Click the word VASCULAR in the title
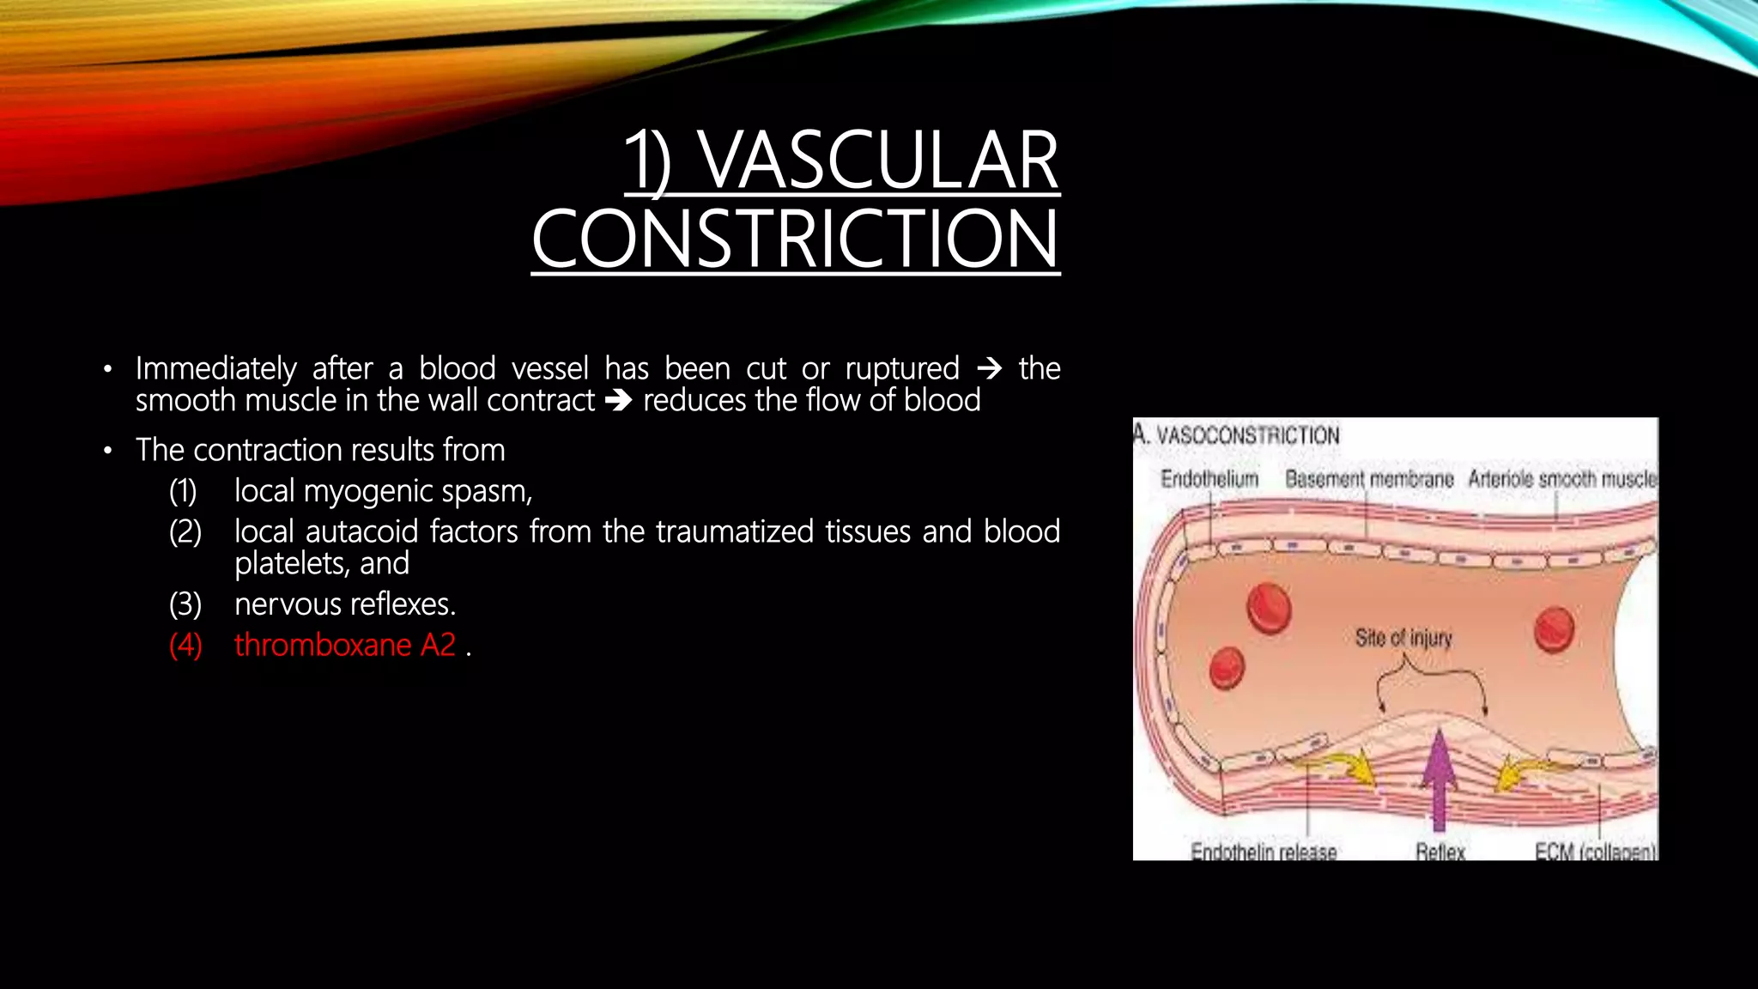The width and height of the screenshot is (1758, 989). [879, 161]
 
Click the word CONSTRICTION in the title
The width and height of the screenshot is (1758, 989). [795, 240]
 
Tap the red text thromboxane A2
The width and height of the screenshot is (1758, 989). [345, 645]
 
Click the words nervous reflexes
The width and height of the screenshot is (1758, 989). [345, 604]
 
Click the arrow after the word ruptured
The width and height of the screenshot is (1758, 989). [989, 369]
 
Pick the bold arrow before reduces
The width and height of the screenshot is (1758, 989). [618, 401]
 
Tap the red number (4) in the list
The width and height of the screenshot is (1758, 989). [185, 645]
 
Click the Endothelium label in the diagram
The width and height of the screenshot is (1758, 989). [1209, 479]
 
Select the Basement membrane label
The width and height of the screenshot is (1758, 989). [1368, 479]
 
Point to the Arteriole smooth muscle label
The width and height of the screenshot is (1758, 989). [1561, 479]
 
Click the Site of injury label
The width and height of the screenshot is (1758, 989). [1403, 638]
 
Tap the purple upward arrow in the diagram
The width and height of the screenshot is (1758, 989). [1439, 777]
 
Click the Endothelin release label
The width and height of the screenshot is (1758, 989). [1264, 851]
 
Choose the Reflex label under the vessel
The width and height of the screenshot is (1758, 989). [1440, 851]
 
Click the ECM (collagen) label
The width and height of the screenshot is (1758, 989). [1595, 851]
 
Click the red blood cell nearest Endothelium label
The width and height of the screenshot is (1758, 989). [1269, 607]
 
